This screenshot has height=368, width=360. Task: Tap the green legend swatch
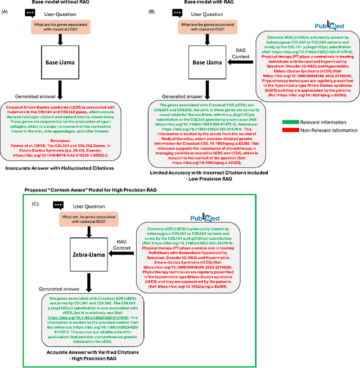pos(293,89)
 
